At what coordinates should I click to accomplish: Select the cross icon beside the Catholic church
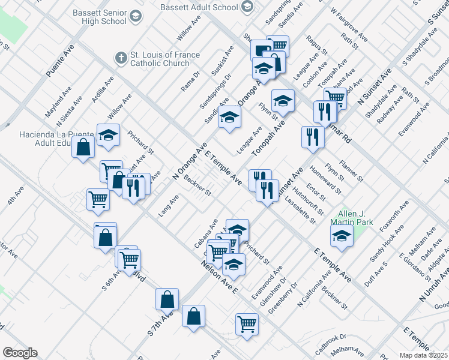121,58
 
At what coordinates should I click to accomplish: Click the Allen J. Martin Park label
351,218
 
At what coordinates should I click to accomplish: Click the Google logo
20,353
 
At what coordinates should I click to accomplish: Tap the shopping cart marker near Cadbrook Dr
246,324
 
